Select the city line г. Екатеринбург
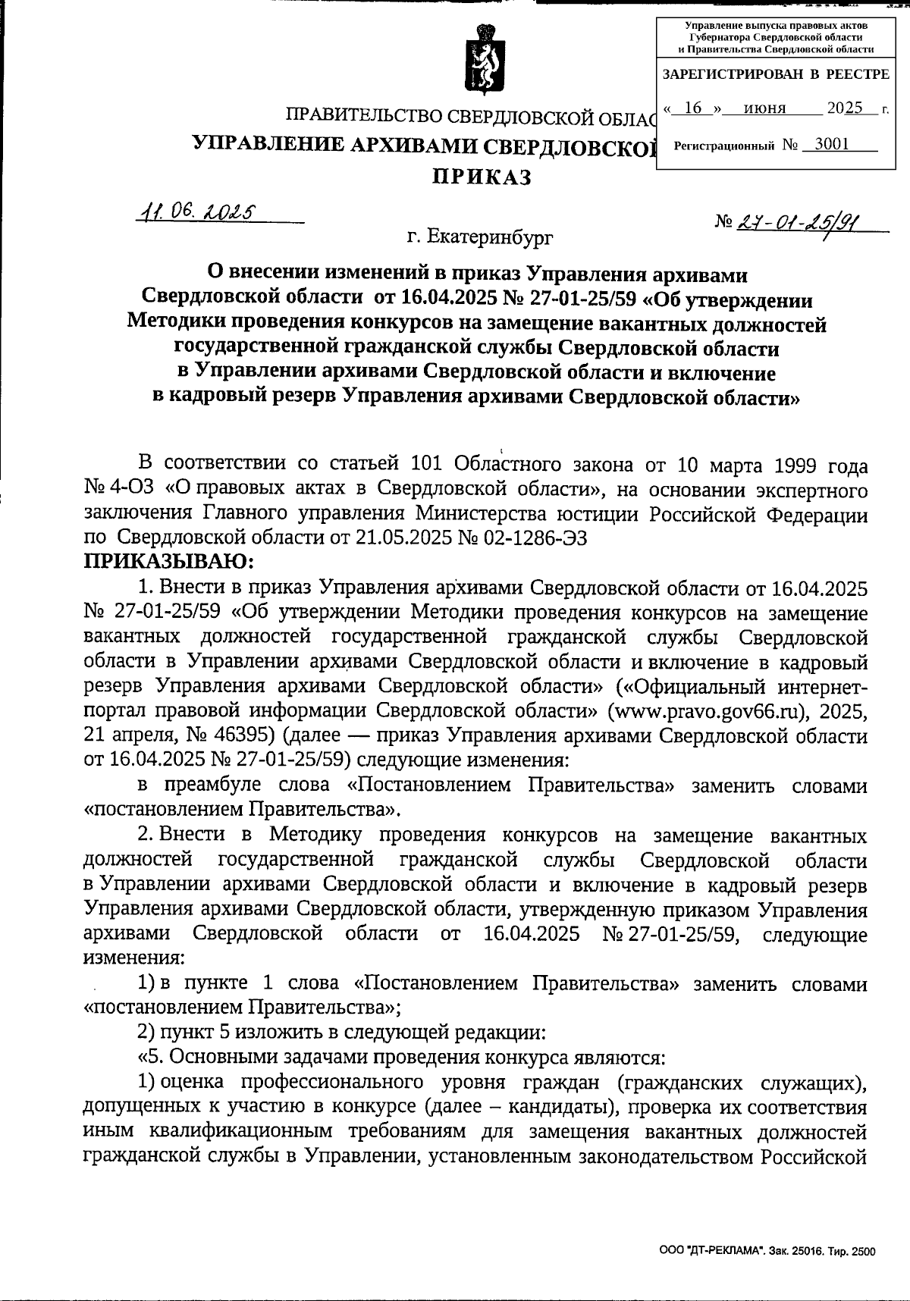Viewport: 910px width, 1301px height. [x=479, y=237]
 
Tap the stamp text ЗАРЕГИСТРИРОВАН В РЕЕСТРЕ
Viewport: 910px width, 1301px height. [x=776, y=74]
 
